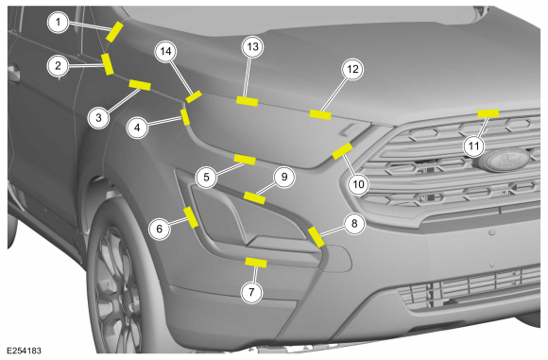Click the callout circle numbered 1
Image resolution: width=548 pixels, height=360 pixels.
pyautogui.click(x=58, y=23)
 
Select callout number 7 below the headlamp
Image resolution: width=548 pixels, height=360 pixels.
pyautogui.click(x=251, y=292)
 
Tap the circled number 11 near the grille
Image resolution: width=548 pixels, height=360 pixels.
pyautogui.click(x=473, y=146)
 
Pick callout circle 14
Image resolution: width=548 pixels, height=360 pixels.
pyautogui.click(x=165, y=51)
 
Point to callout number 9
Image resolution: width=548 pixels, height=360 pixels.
pyautogui.click(x=284, y=177)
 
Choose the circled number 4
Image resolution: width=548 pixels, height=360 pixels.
pyautogui.click(x=137, y=128)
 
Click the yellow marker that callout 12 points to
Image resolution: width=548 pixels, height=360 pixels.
pyautogui.click(x=320, y=114)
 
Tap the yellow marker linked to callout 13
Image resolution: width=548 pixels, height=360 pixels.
pyautogui.click(x=248, y=101)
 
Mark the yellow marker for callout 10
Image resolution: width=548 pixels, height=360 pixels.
pyautogui.click(x=342, y=151)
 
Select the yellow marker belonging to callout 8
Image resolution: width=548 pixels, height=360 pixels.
pyautogui.click(x=316, y=237)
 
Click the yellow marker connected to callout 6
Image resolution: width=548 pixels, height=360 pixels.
pyautogui.click(x=191, y=217)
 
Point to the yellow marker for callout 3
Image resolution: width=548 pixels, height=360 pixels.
pyautogui.click(x=140, y=85)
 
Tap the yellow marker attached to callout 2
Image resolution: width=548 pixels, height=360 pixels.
pyautogui.click(x=108, y=64)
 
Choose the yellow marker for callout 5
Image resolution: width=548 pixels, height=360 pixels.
pyautogui.click(x=245, y=160)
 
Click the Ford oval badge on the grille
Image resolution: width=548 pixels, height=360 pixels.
pyautogui.click(x=504, y=160)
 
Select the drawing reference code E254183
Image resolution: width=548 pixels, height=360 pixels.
pyautogui.click(x=24, y=351)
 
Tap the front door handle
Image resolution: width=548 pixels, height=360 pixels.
pyautogui.click(x=14, y=74)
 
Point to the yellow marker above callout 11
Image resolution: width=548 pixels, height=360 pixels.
pyautogui.click(x=488, y=113)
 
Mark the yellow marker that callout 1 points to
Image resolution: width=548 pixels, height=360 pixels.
pyautogui.click(x=114, y=31)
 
